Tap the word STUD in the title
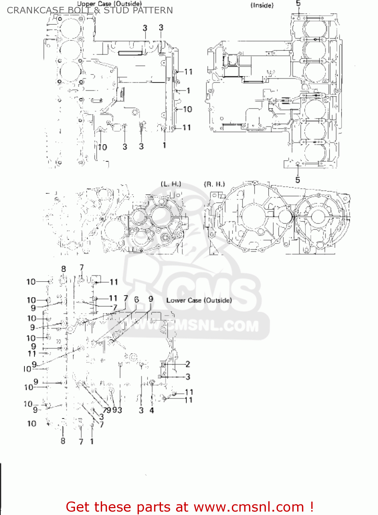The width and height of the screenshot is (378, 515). pos(116,10)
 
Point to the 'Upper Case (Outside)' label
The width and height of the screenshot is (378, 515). pos(109,4)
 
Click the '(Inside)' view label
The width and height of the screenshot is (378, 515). pos(262,5)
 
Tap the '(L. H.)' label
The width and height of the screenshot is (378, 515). pos(171,184)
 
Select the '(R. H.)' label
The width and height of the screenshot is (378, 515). pos(214,184)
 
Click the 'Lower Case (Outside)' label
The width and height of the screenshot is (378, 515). pos(199,300)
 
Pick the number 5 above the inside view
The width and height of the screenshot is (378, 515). pos(298,3)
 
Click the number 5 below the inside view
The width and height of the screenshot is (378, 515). pos(298,180)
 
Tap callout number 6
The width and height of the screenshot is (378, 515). pos(137,300)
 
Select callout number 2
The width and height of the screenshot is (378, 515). pos(187,364)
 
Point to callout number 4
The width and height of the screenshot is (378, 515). pos(152,410)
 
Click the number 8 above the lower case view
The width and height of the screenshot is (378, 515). pos(64,269)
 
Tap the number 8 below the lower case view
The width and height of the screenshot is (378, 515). pos(63,440)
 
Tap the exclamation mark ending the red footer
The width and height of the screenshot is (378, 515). pos(311,507)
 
